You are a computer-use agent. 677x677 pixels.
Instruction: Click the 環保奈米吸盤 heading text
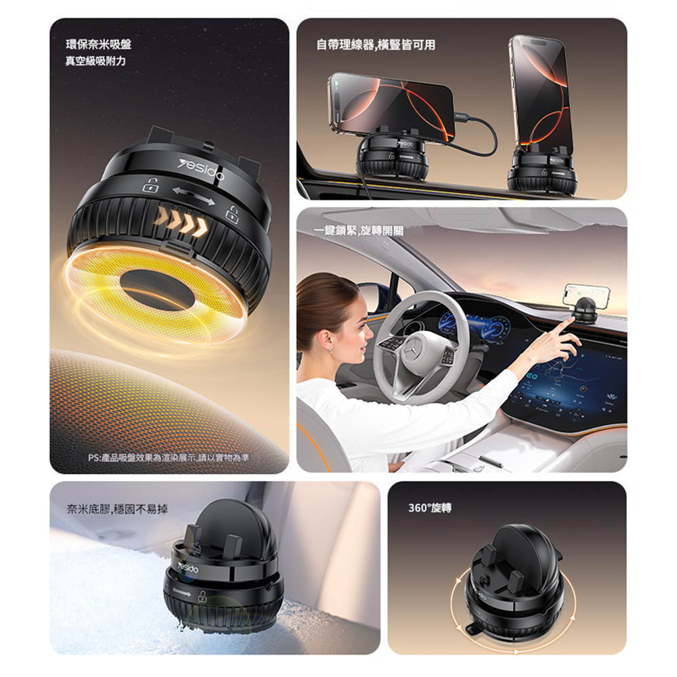coord(98,45)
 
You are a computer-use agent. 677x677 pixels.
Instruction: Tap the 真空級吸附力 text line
coord(95,61)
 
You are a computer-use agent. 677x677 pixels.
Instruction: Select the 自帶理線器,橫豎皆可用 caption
coord(376,45)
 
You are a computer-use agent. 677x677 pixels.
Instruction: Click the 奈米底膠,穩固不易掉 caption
coord(117,510)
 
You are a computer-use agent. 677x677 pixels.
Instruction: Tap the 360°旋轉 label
coord(430,508)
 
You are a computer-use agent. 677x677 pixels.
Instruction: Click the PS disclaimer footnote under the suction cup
coord(169,458)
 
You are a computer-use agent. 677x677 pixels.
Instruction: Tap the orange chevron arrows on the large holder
coord(181,221)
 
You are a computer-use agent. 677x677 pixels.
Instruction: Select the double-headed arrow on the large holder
coord(194,196)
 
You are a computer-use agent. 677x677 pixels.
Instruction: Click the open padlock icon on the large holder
coord(151,184)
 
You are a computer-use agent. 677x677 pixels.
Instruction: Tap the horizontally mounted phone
coord(391,107)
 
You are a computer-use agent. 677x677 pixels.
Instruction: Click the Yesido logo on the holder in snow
coord(188,567)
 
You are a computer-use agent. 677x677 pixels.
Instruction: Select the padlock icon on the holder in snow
coord(202,596)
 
